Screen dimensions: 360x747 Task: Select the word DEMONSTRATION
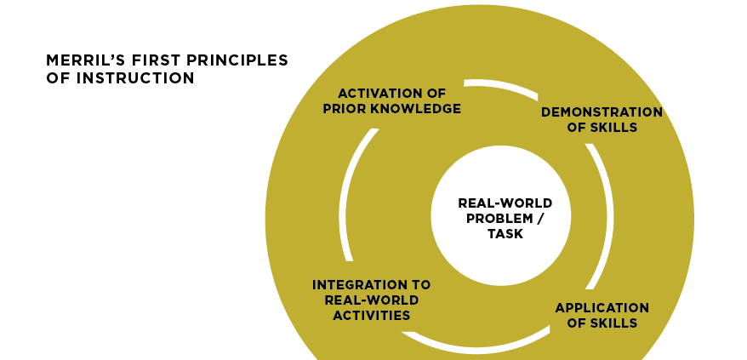pos(602,111)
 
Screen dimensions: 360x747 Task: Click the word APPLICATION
pos(602,307)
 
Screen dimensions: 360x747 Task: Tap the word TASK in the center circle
pos(505,234)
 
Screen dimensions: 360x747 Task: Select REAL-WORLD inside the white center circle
pos(505,203)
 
